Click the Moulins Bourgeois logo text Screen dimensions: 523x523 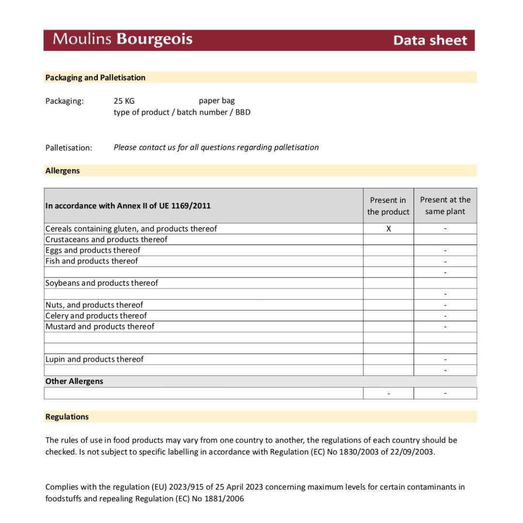123,39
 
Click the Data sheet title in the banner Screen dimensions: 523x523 430,40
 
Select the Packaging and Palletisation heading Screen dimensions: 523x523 95,77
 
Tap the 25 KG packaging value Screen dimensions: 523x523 124,101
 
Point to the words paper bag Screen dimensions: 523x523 216,101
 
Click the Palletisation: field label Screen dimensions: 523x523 69,148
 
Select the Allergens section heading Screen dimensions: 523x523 62,171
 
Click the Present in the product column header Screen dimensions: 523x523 388,206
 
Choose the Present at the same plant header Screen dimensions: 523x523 445,206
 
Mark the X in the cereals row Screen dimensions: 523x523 388,229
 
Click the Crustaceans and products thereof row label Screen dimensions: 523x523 106,240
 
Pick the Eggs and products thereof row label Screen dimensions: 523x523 92,250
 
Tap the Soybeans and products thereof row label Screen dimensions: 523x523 102,283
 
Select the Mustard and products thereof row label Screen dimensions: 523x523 100,326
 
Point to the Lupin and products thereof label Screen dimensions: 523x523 94,359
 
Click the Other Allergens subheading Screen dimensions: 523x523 74,381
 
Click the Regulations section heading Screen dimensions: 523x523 67,417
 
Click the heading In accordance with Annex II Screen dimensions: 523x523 128,206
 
